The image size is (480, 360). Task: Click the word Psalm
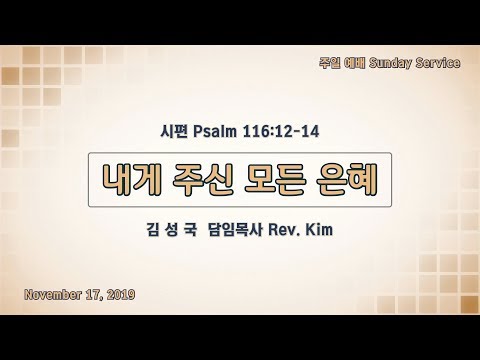215,132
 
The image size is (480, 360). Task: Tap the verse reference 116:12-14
281,132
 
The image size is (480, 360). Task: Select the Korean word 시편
175,132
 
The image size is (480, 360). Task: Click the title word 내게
131,180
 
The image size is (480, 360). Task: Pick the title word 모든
274,180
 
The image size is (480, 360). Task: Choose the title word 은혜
347,180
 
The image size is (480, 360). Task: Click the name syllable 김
153,230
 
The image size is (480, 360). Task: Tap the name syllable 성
171,230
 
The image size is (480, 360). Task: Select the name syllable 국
190,230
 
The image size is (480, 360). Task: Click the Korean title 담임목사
236,230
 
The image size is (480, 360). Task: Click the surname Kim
319,230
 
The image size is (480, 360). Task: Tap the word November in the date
53,295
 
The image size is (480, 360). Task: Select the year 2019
121,295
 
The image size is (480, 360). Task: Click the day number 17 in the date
94,295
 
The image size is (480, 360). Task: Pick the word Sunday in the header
390,63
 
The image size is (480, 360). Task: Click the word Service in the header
438,63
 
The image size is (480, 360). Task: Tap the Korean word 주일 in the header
330,63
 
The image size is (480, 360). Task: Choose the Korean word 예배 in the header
355,63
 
